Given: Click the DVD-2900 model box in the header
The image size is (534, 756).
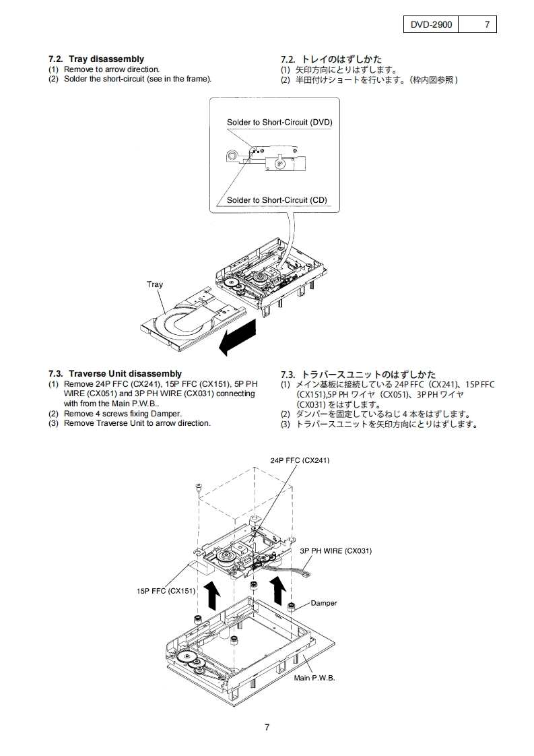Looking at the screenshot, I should [431, 25].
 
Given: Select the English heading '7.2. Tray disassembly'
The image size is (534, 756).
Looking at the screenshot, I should [96, 59].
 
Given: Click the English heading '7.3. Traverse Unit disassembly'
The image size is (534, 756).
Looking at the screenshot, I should [114, 373].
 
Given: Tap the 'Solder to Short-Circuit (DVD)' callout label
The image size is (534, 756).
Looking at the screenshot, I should [279, 122].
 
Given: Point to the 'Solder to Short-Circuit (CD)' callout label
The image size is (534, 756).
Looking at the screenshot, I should [277, 200].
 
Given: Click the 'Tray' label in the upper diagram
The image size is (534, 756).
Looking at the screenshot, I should [155, 284].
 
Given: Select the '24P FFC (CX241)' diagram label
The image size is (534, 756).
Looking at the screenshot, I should [300, 460].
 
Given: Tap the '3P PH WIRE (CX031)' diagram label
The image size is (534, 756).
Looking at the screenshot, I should [335, 550].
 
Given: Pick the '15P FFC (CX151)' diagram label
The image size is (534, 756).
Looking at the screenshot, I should [166, 591].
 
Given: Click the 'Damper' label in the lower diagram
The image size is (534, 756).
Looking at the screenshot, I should [324, 603].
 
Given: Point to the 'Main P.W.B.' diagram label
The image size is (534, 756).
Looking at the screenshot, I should [314, 678].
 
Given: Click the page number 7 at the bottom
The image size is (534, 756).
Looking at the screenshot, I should [267, 727].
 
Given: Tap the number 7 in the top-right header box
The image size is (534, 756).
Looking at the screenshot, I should [487, 25].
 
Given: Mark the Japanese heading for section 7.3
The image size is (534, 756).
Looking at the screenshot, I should [358, 374].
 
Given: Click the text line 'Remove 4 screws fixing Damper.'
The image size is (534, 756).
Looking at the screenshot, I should [123, 413].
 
